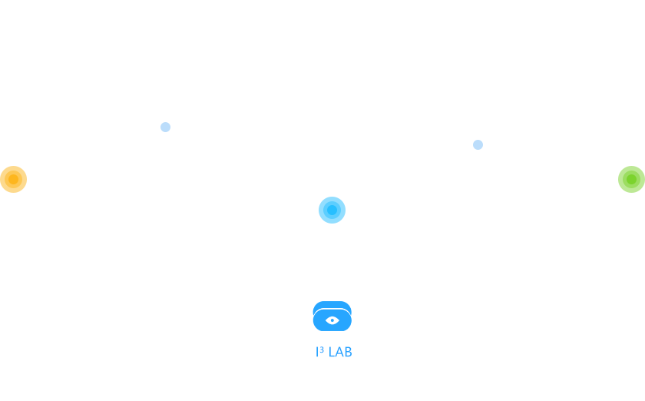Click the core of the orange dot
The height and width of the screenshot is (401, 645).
tap(14, 180)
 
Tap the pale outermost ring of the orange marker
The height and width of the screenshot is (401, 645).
tap(2, 180)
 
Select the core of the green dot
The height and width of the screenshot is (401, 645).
tap(631, 180)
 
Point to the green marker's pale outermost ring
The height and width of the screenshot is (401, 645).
tap(620, 180)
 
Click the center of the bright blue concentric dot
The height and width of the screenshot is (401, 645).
tap(332, 210)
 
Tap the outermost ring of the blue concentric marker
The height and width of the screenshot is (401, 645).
tap(321, 210)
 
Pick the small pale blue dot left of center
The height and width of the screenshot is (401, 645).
tap(165, 128)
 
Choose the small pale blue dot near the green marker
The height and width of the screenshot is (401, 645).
tap(478, 145)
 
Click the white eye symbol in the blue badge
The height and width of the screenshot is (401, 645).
tap(332, 320)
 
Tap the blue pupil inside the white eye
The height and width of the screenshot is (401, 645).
tap(332, 320)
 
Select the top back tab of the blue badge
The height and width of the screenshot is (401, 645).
tap(332, 305)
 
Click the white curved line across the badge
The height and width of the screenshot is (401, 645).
tap(332, 309)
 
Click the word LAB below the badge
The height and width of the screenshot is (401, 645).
tap(340, 352)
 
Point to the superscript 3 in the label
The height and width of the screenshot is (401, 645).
tap(322, 350)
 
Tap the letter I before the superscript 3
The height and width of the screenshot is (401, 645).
tap(317, 352)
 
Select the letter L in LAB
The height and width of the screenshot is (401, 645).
tap(332, 352)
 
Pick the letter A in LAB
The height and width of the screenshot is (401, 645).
tap(339, 352)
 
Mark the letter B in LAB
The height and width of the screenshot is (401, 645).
tap(349, 352)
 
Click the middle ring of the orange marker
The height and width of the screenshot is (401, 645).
tap(7, 180)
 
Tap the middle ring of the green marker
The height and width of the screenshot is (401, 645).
tap(624, 180)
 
